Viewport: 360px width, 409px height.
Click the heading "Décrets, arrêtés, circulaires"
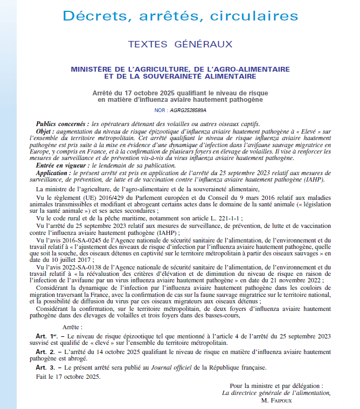pos(180,16)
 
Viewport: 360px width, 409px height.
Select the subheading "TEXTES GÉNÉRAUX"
pos(180,44)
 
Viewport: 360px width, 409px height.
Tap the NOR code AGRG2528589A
pos(188,109)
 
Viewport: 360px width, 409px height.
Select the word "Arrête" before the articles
pos(73,327)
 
